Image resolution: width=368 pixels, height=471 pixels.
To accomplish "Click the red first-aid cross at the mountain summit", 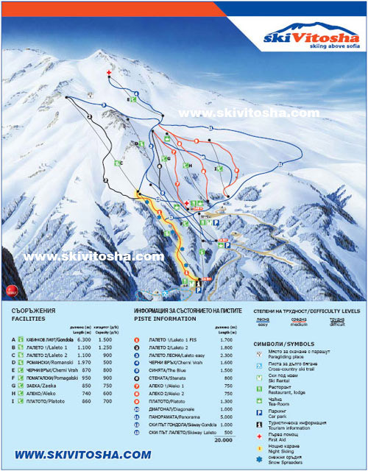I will coord(110,74).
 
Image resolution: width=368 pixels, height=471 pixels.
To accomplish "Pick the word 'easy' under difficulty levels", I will coord(263,321).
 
